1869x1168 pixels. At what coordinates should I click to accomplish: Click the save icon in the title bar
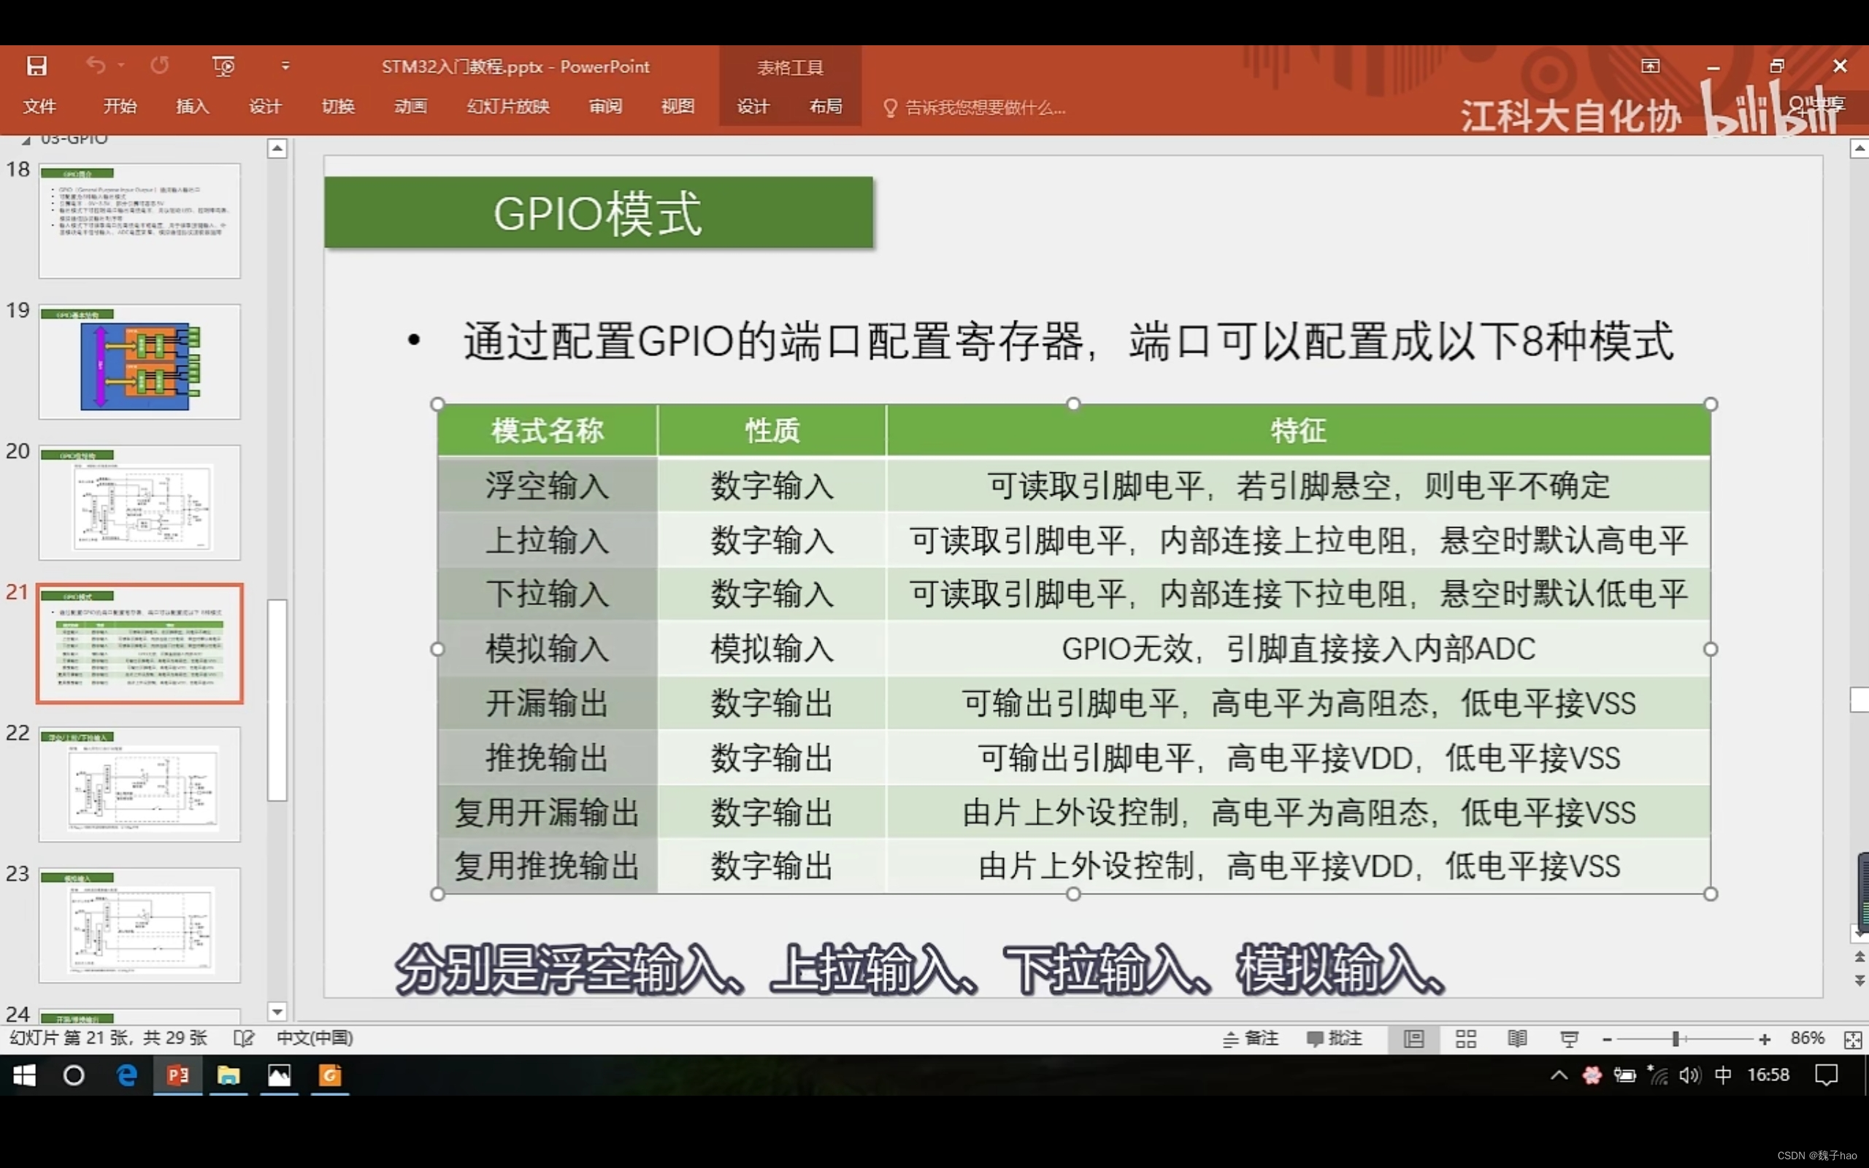pyautogui.click(x=37, y=66)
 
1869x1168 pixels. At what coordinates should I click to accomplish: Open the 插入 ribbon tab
pyautogui.click(x=192, y=107)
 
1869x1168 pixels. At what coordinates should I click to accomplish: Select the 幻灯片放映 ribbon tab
pyautogui.click(x=507, y=107)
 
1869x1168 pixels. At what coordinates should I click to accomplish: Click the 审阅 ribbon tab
pyautogui.click(x=605, y=107)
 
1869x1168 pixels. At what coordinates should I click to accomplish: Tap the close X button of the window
pyautogui.click(x=1840, y=66)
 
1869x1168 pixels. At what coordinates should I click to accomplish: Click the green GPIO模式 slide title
pyautogui.click(x=598, y=213)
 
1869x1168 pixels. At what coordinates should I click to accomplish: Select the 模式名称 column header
pyautogui.click(x=547, y=431)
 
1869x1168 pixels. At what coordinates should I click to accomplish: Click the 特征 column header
pyautogui.click(x=1297, y=431)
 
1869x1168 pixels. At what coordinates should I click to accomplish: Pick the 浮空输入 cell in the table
pyautogui.click(x=547, y=486)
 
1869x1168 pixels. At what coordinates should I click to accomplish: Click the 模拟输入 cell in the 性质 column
pyautogui.click(x=772, y=649)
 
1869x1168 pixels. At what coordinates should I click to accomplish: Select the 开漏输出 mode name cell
pyautogui.click(x=547, y=704)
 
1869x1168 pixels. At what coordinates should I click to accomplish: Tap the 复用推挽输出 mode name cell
pyautogui.click(x=547, y=866)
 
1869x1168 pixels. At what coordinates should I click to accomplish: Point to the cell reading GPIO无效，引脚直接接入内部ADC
pyautogui.click(x=1297, y=649)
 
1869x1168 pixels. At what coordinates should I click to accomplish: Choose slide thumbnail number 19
pyautogui.click(x=139, y=361)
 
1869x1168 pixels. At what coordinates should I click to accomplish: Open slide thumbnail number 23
pyautogui.click(x=139, y=925)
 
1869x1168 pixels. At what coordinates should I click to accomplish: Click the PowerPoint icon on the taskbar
pyautogui.click(x=177, y=1075)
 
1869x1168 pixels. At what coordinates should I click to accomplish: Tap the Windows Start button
pyautogui.click(x=24, y=1075)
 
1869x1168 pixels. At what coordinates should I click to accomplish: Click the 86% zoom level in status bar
pyautogui.click(x=1807, y=1038)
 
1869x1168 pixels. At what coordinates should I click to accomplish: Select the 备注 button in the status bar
pyautogui.click(x=1251, y=1039)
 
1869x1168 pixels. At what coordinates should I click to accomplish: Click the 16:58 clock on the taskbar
pyautogui.click(x=1768, y=1075)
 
